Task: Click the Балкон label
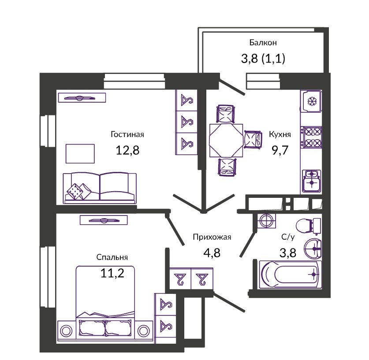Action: (263, 43)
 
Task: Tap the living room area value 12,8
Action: (127, 150)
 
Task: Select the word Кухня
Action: (280, 134)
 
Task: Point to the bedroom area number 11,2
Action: (112, 273)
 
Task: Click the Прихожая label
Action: (212, 237)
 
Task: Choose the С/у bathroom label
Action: (288, 237)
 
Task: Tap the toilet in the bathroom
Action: (308, 226)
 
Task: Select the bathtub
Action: (290, 274)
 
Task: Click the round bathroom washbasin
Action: (313, 249)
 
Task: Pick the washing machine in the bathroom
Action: (266, 221)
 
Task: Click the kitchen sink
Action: (311, 181)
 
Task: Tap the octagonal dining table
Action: (226, 141)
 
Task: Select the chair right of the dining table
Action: (253, 139)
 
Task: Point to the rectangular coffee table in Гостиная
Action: (80, 153)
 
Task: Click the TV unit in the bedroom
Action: (104, 220)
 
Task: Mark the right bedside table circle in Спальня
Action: (144, 331)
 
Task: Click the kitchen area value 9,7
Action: (280, 150)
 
